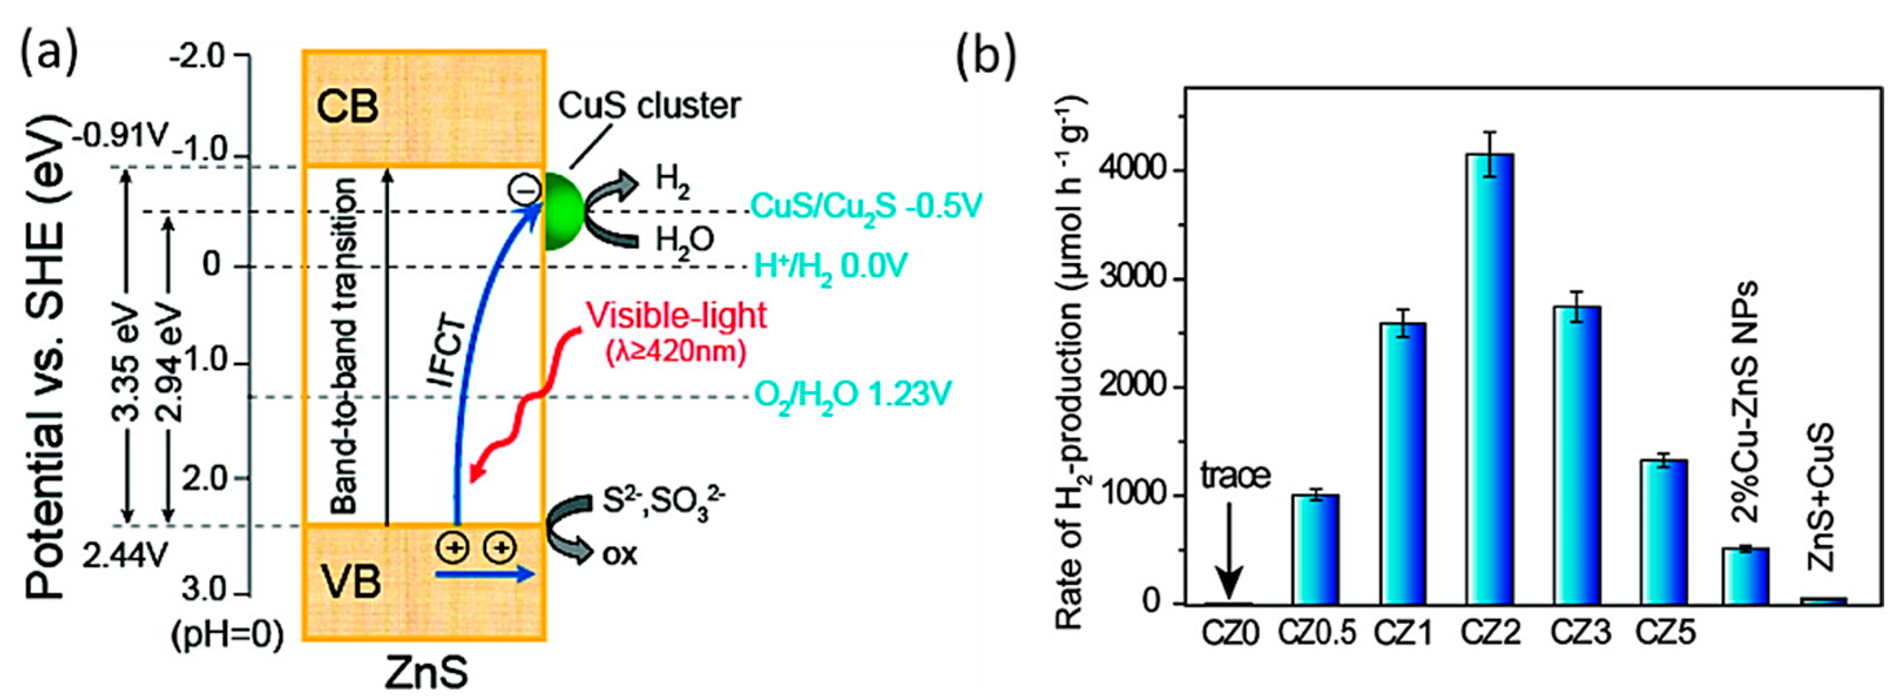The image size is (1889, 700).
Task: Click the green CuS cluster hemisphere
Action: [563, 211]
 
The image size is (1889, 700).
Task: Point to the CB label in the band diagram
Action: [347, 107]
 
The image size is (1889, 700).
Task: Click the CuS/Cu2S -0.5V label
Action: [865, 208]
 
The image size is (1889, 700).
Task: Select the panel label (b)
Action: [987, 56]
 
